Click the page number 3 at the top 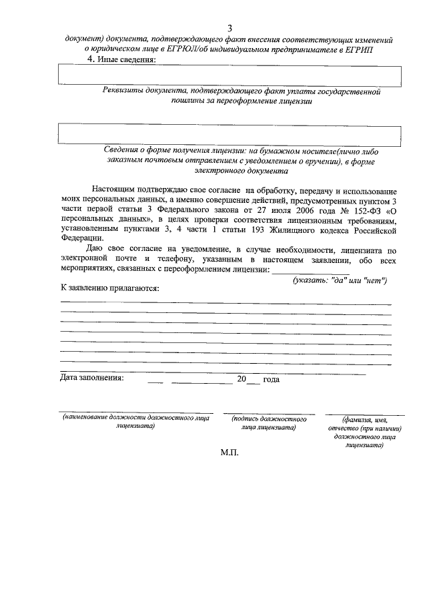230,28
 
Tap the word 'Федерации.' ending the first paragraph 82,240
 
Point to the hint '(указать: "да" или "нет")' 340,280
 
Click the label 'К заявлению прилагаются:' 109,289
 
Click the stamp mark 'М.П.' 229,452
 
